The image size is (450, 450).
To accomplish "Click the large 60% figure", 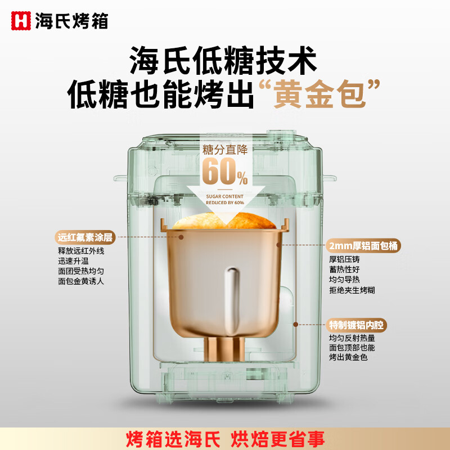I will tap(224, 172).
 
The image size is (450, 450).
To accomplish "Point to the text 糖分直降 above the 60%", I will tap(225, 150).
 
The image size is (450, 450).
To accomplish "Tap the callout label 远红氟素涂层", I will tap(85, 237).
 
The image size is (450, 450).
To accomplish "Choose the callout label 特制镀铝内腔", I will tap(358, 325).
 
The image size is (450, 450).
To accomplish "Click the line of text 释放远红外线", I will tap(81, 251).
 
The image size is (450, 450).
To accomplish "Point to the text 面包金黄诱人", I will tap(81, 281).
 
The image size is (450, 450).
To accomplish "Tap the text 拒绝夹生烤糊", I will tap(352, 290).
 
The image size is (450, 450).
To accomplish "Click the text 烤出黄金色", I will tap(348, 358).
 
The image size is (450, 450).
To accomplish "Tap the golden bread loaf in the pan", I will tap(225, 220).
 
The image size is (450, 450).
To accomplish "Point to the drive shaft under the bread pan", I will tap(225, 348).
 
